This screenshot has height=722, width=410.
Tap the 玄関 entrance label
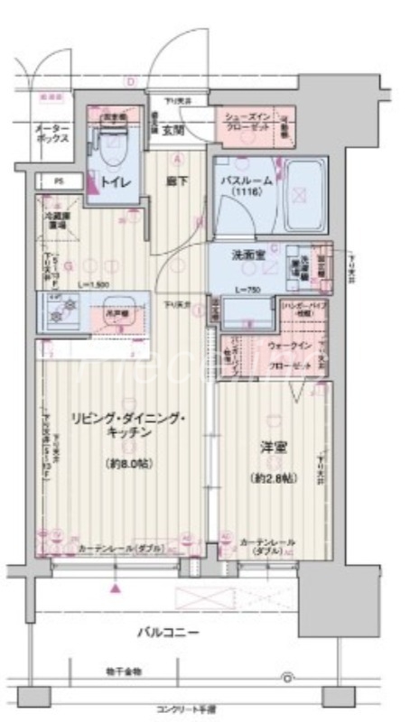(172, 129)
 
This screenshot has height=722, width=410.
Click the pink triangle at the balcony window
(116, 588)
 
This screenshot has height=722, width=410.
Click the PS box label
(60, 181)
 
